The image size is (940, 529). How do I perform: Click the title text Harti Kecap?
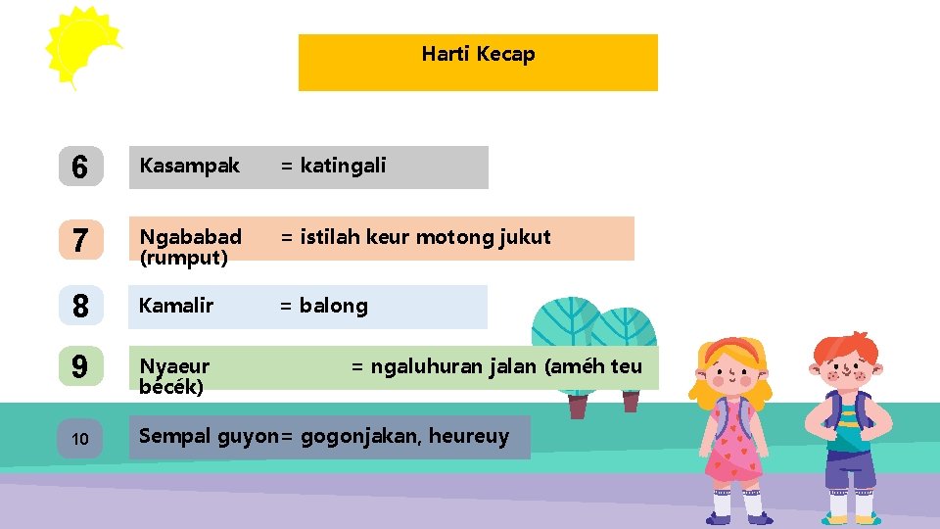click(478, 54)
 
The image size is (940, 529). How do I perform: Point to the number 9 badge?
click(80, 367)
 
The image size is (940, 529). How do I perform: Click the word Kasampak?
click(189, 166)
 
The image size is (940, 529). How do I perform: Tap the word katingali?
click(343, 166)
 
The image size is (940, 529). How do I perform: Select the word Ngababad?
click(190, 237)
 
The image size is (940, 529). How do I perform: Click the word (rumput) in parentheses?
click(183, 258)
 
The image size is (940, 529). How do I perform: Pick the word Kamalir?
click(176, 306)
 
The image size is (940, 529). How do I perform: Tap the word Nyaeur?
click(174, 366)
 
